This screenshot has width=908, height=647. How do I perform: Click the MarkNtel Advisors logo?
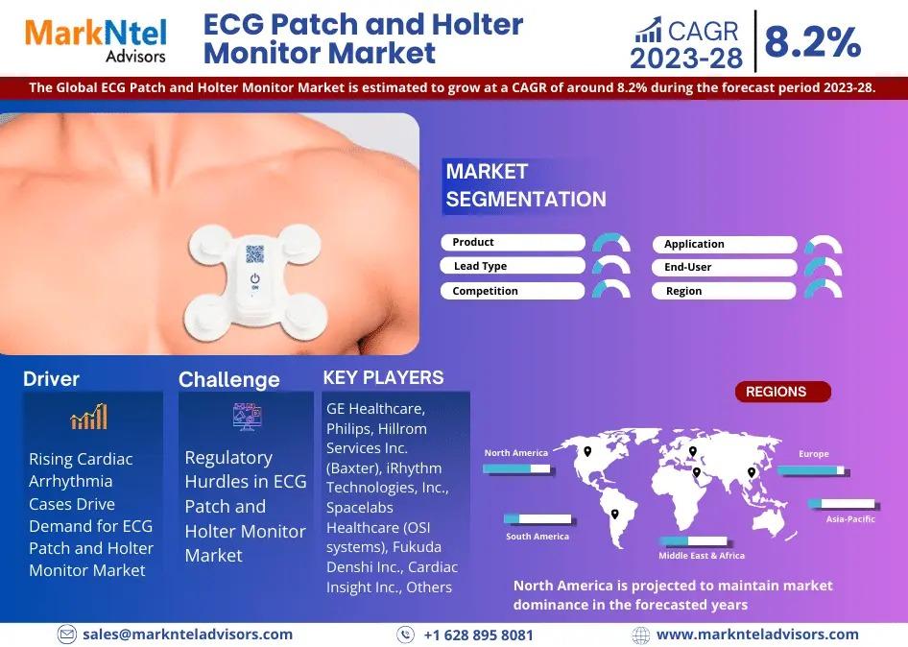pyautogui.click(x=96, y=40)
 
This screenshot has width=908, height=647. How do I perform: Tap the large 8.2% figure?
pyautogui.click(x=812, y=41)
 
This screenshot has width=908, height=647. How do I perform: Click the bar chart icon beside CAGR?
pyautogui.click(x=648, y=30)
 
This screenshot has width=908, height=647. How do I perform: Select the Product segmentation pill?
pyautogui.click(x=513, y=242)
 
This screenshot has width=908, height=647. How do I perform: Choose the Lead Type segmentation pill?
pyautogui.click(x=513, y=266)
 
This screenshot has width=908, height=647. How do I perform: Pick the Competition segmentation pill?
pyautogui.click(x=513, y=291)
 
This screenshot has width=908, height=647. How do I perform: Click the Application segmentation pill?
pyautogui.click(x=725, y=245)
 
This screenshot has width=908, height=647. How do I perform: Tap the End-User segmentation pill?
pyautogui.click(x=725, y=267)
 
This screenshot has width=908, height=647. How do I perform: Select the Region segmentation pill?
pyautogui.click(x=725, y=291)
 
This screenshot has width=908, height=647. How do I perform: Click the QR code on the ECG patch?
pyautogui.click(x=254, y=253)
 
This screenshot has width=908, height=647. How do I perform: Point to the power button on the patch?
pyautogui.click(x=254, y=279)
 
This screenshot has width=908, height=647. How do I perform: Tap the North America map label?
pyautogui.click(x=516, y=453)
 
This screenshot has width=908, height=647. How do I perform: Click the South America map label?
pyautogui.click(x=538, y=537)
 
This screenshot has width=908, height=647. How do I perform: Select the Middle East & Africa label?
pyautogui.click(x=702, y=556)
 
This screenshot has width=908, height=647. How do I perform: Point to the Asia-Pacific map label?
pyautogui.click(x=850, y=519)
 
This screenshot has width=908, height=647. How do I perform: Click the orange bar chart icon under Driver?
pyautogui.click(x=89, y=417)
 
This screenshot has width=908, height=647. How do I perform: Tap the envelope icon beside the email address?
pyautogui.click(x=66, y=635)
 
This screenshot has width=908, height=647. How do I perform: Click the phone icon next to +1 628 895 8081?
pyautogui.click(x=405, y=635)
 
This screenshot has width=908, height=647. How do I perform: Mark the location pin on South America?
pyautogui.click(x=615, y=515)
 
